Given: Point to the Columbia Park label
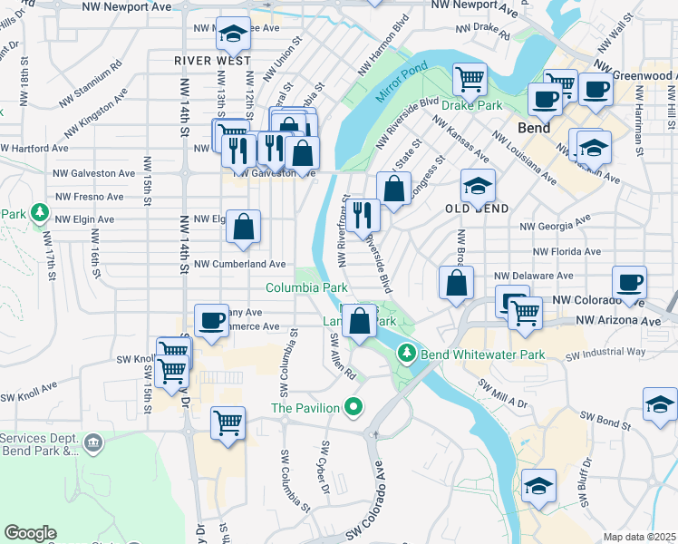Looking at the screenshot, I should [x=306, y=287].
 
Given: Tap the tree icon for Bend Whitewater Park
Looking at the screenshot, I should [x=408, y=354].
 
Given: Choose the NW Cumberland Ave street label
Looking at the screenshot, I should [x=240, y=264].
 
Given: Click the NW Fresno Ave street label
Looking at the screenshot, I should [x=89, y=196].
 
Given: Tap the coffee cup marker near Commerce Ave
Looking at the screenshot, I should [x=212, y=320].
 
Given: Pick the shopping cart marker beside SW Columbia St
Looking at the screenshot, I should [x=228, y=421].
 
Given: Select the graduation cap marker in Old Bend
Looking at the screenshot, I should [x=478, y=186].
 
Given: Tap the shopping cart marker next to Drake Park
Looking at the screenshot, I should [x=470, y=78].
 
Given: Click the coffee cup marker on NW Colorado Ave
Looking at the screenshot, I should [x=629, y=281].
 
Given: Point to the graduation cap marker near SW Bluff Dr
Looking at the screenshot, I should [x=539, y=486].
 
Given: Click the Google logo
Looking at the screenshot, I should [x=31, y=533].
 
